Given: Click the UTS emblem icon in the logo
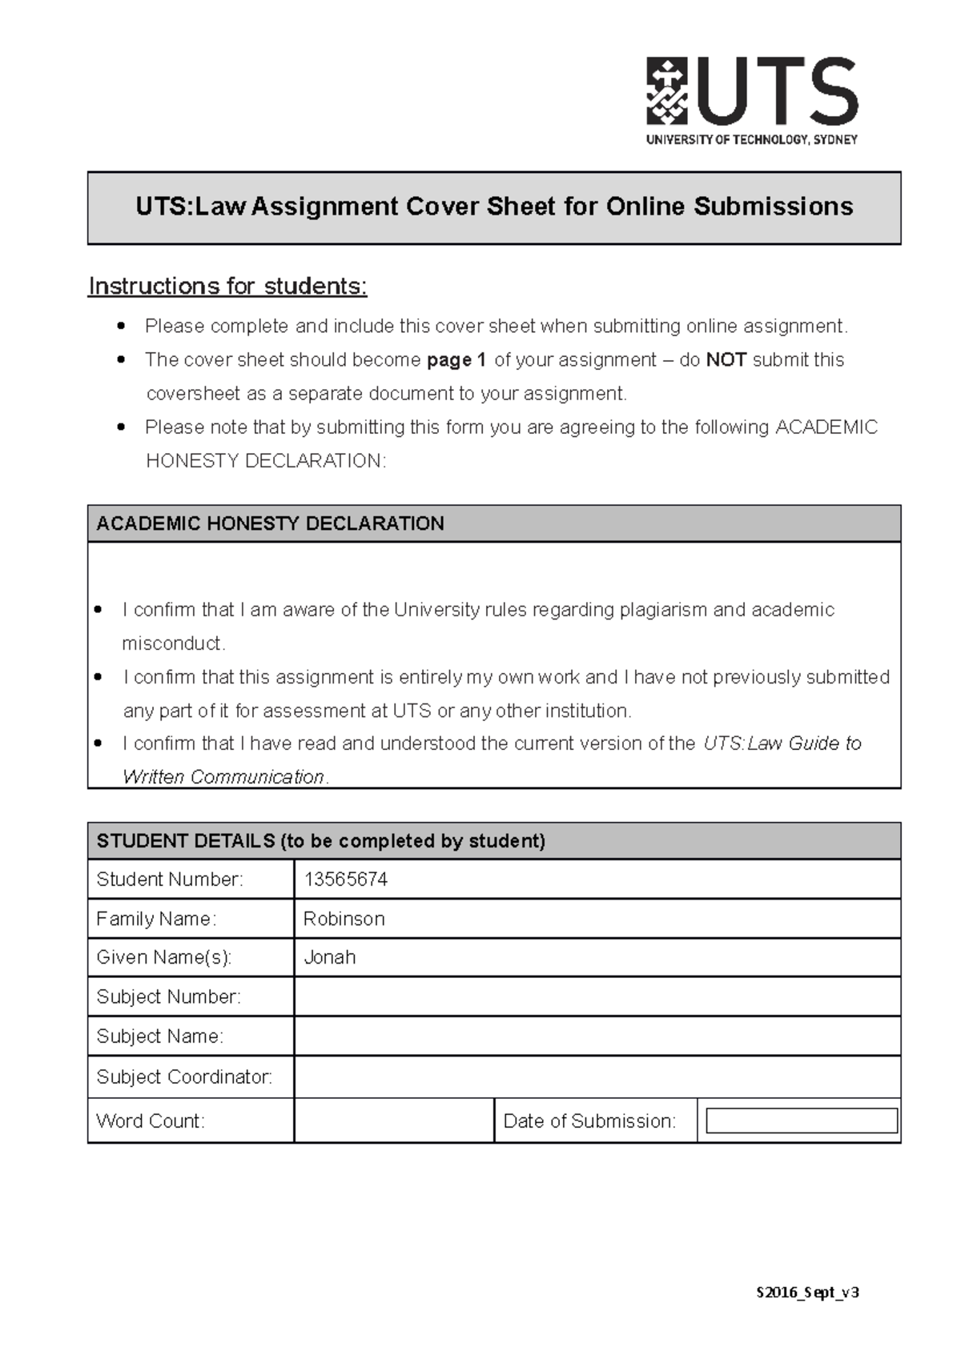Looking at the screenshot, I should coord(667,90).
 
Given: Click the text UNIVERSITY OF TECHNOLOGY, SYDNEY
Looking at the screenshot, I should coord(751,140).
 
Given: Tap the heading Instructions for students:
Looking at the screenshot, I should coord(227,287).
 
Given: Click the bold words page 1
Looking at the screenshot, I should coord(456,360).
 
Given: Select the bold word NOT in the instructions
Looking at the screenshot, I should coord(726,360).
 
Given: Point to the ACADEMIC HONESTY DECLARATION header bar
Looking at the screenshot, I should coord(493,523).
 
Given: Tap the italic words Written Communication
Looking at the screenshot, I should coord(223,777).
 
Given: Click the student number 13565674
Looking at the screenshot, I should coord(346,880).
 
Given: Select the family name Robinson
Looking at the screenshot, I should coord(344,919).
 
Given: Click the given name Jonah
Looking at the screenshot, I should coord(330,957).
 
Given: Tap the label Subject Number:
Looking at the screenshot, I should coord(168,996).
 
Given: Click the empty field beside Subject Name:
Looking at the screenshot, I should coord(597,1036).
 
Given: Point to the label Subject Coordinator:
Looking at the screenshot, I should coord(184,1076).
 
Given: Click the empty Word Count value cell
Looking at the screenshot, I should coord(393,1120).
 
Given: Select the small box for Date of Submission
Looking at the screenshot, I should coord(801,1120).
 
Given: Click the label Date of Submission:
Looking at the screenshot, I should coord(589,1121).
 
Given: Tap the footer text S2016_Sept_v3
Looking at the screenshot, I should coord(807,1292).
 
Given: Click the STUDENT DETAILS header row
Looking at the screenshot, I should coord(493,841).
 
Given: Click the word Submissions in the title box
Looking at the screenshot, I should coord(773,206).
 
